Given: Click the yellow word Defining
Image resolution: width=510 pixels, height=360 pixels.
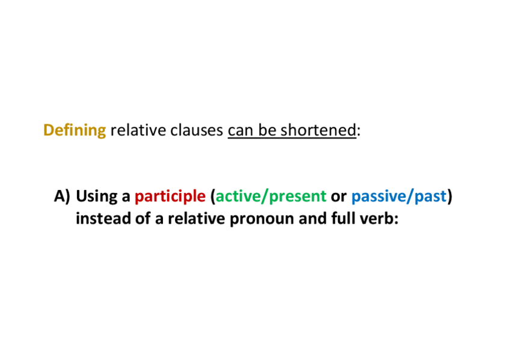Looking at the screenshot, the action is (x=75, y=130).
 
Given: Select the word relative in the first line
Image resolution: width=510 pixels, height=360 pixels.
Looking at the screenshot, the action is (x=138, y=130).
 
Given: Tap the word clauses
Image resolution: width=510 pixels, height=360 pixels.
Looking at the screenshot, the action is (x=197, y=130).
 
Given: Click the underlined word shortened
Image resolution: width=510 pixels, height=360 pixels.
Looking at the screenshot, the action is (x=318, y=130).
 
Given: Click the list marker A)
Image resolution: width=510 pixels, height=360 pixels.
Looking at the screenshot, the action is (x=62, y=197).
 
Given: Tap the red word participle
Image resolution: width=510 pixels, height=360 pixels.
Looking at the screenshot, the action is (x=170, y=197).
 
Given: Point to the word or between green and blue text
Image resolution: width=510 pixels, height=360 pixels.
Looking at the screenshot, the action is (x=339, y=198).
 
